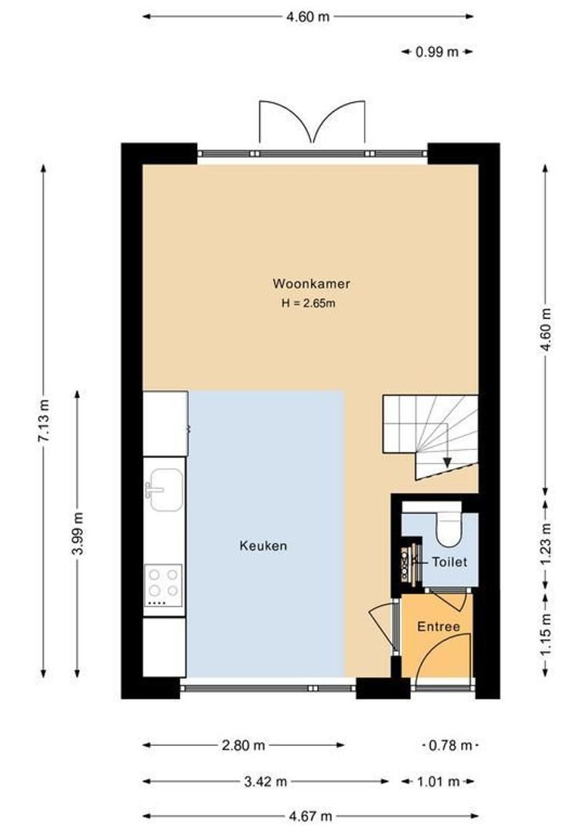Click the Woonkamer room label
(311, 283)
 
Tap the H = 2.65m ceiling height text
(309, 304)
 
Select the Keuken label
(263, 546)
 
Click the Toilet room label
(449, 562)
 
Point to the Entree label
(438, 627)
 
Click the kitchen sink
(165, 490)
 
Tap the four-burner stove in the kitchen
(163, 583)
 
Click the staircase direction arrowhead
(447, 461)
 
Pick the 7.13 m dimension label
(44, 421)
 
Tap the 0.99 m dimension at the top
(436, 52)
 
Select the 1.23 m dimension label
(546, 544)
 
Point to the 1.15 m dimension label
(546, 634)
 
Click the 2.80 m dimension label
(243, 745)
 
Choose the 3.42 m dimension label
(265, 781)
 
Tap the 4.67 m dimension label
(310, 816)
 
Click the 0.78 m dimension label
(451, 745)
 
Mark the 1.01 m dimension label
(437, 781)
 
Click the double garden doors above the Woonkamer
(312, 123)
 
